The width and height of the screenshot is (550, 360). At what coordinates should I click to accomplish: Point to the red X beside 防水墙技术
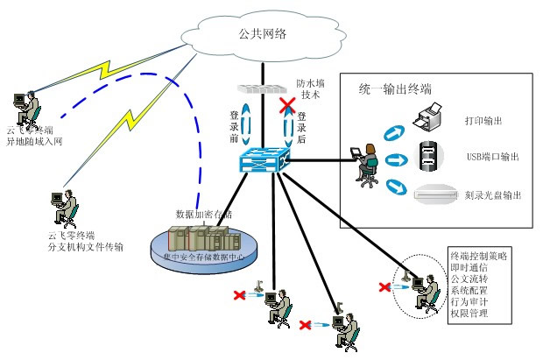286,106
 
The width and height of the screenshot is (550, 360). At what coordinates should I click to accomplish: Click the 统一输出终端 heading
395,89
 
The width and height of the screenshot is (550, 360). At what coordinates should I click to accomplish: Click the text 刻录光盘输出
495,194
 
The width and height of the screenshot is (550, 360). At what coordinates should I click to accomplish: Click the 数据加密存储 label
203,214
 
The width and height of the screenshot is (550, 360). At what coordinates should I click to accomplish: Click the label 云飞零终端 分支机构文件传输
85,242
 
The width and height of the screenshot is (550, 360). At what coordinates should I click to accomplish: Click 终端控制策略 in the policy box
477,255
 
